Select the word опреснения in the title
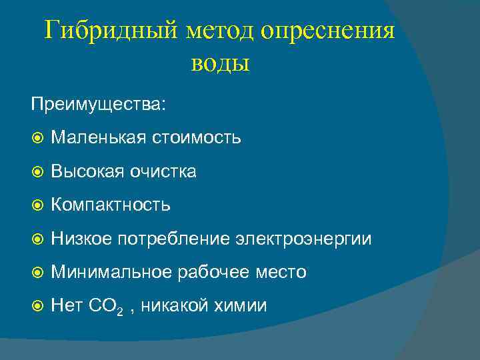tap(328, 31)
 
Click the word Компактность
tap(111, 205)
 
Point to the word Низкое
tap(81, 239)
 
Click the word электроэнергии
tap(303, 239)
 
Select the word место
tap(280, 272)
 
